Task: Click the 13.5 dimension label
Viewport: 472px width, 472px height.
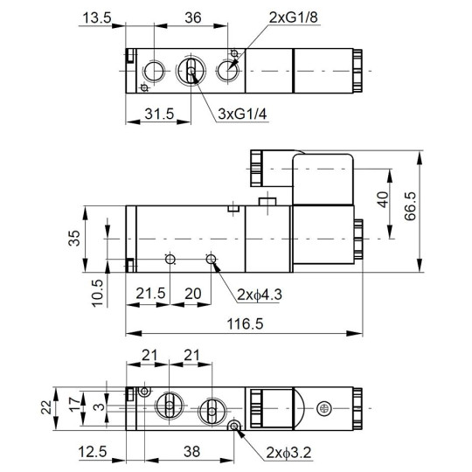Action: pos(96,18)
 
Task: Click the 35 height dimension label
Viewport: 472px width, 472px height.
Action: pos(74,236)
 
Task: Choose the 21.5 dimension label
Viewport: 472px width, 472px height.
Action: pos(150,295)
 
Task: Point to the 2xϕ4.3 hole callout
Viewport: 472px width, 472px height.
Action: pos(260,295)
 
